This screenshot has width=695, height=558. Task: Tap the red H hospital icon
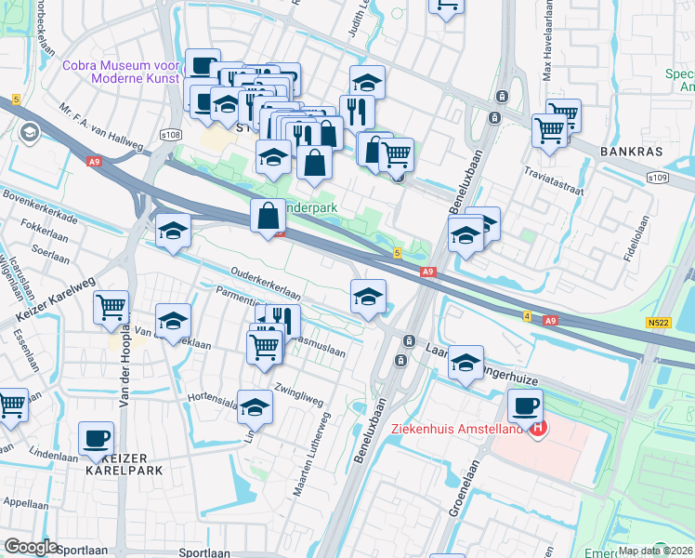click(536, 427)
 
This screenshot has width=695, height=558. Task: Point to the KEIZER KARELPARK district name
click(124, 463)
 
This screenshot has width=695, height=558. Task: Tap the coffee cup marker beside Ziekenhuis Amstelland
click(526, 406)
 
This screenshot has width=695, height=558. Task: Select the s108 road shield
click(170, 136)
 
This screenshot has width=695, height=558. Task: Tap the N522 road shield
click(658, 323)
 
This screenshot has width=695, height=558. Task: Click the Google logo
click(31, 547)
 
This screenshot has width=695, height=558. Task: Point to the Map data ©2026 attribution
click(655, 551)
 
